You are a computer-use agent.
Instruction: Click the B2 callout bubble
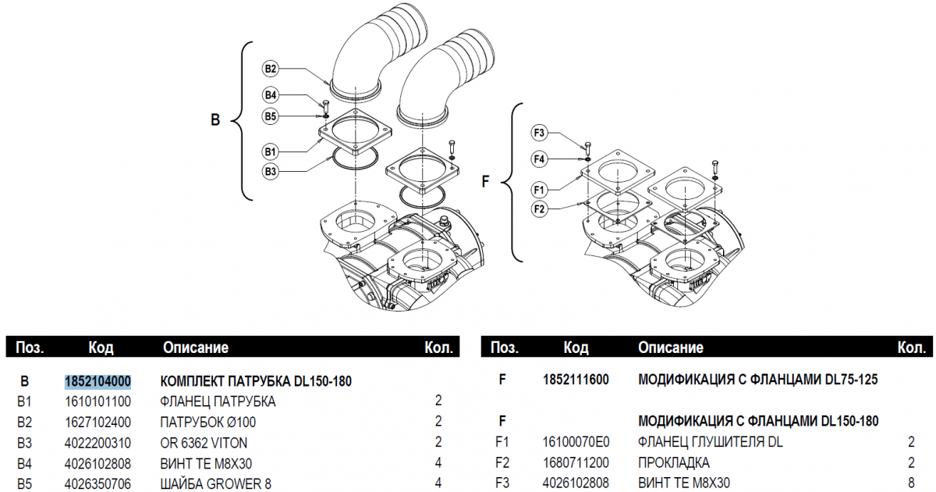pyautogui.click(x=271, y=70)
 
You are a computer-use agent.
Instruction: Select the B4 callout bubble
pyautogui.click(x=271, y=95)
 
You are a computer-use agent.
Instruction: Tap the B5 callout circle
pyautogui.click(x=271, y=116)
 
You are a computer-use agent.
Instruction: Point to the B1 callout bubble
pyautogui.click(x=271, y=150)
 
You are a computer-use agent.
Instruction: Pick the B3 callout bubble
pyautogui.click(x=271, y=170)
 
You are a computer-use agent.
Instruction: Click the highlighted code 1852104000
pyautogui.click(x=97, y=381)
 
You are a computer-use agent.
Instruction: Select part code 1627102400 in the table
pyautogui.click(x=97, y=422)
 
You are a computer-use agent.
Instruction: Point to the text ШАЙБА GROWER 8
pyautogui.click(x=215, y=483)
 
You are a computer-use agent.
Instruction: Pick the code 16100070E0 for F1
pyautogui.click(x=576, y=443)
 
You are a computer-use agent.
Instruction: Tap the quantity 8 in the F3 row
pyautogui.click(x=911, y=483)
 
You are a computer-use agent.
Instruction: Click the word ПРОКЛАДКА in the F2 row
pyautogui.click(x=674, y=463)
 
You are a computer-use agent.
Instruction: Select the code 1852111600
pyautogui.click(x=576, y=380)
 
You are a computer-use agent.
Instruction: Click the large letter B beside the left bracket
pyautogui.click(x=216, y=120)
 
